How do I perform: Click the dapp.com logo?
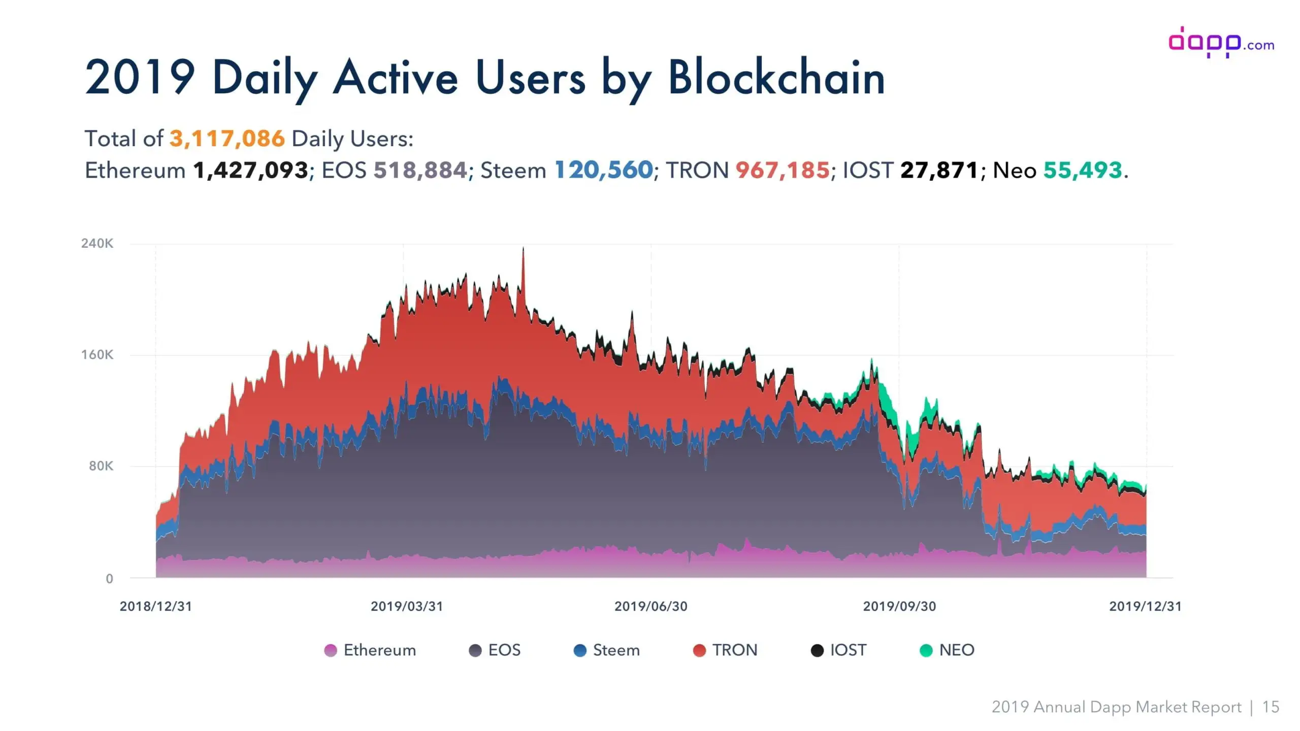(1221, 43)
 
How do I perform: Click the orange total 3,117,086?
(227, 139)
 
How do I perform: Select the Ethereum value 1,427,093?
(250, 171)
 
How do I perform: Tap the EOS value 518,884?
(420, 171)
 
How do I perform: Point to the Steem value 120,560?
(603, 171)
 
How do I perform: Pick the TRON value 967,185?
(783, 171)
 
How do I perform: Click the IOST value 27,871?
(939, 171)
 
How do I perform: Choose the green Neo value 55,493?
(1082, 171)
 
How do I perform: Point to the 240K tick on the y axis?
(97, 244)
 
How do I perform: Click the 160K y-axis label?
(97, 355)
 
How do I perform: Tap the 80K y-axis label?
(101, 466)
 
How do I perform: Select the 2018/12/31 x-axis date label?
(156, 606)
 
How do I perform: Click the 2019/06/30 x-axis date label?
(651, 606)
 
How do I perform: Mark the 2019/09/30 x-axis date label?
(899, 606)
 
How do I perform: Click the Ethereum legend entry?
(371, 650)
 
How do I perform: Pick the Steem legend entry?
(607, 650)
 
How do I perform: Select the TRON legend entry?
(725, 650)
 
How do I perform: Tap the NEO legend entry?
(947, 650)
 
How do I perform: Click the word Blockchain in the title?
(776, 79)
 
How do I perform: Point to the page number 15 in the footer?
(1271, 707)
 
